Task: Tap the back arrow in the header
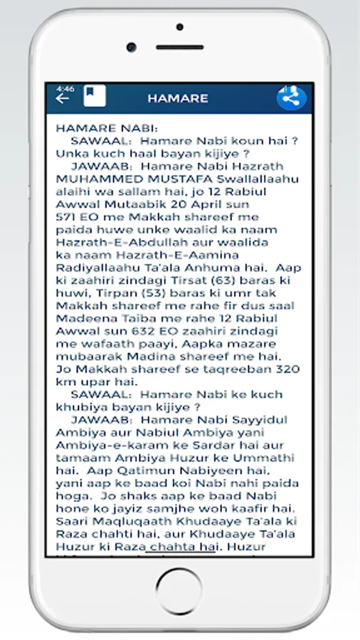pyautogui.click(x=63, y=99)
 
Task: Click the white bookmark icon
pyautogui.click(x=94, y=96)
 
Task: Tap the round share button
pyautogui.click(x=291, y=97)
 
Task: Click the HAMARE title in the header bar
pyautogui.click(x=178, y=98)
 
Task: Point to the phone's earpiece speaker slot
pyautogui.click(x=180, y=48)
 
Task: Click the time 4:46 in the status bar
pyautogui.click(x=65, y=88)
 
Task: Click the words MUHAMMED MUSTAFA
pyautogui.click(x=127, y=178)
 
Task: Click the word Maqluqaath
pyautogui.click(x=125, y=521)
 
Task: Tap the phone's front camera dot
pyautogui.click(x=180, y=26)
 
